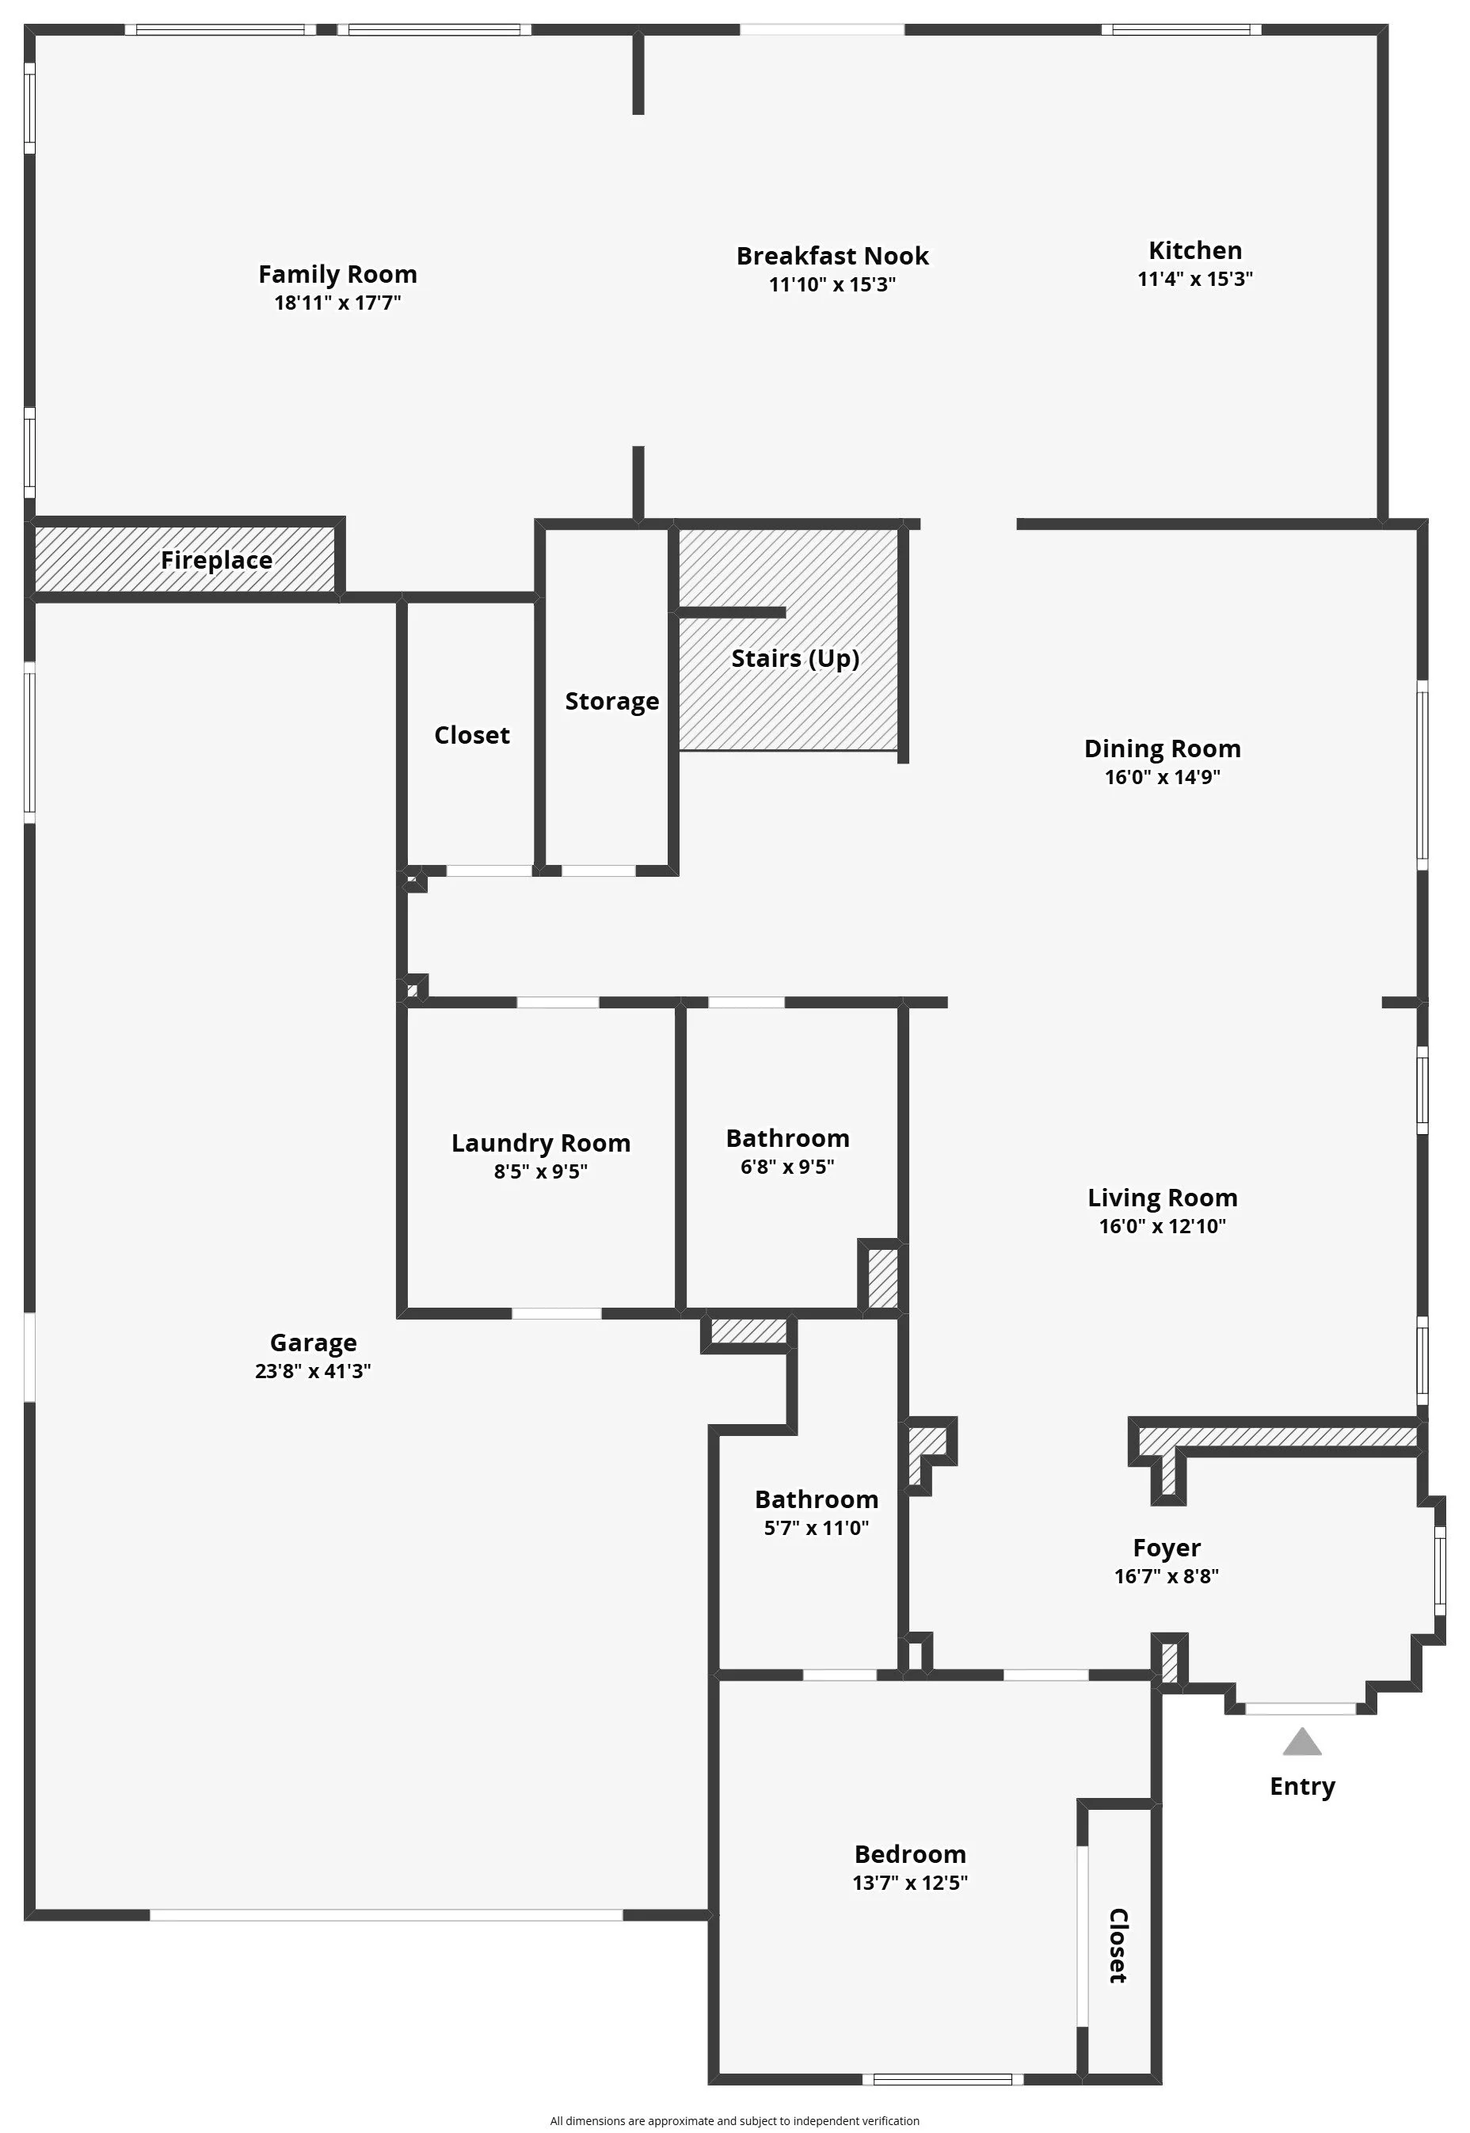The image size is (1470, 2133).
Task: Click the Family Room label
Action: (337, 275)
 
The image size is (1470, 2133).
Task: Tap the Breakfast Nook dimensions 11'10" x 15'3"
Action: (832, 284)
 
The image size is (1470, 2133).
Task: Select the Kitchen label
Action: (1194, 250)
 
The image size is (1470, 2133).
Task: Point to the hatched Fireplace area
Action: (185, 560)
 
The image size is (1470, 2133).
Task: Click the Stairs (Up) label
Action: (795, 658)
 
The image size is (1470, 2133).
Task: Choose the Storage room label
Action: (611, 702)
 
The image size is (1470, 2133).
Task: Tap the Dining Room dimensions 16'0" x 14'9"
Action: (1163, 777)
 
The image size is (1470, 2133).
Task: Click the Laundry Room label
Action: (541, 1143)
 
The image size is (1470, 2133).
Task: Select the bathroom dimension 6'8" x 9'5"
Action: (787, 1167)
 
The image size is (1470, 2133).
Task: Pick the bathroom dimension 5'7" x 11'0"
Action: (816, 1528)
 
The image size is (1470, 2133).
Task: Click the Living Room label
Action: (1163, 1198)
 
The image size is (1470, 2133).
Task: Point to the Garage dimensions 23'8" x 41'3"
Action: (313, 1370)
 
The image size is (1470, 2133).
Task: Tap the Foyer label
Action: (1166, 1548)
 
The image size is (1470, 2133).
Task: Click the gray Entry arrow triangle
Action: (1301, 1743)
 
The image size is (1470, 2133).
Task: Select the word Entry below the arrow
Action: (1301, 1786)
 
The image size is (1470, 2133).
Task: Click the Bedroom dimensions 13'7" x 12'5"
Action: (910, 1883)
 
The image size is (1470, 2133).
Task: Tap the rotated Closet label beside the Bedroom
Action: (1118, 1945)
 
